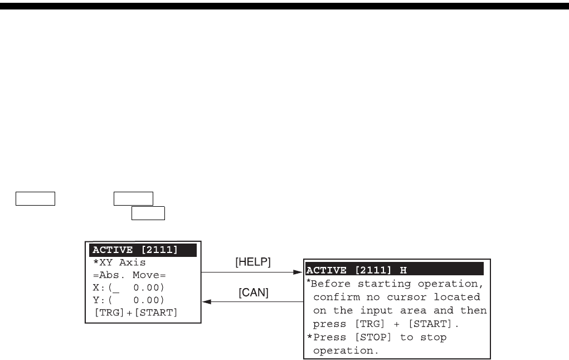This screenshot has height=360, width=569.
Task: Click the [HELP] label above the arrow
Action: point(254,262)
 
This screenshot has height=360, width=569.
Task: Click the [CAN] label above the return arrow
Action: point(254,293)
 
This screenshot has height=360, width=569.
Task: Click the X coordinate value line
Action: point(128,288)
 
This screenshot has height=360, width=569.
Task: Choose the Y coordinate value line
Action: point(128,300)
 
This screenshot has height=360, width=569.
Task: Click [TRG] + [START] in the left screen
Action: point(135,312)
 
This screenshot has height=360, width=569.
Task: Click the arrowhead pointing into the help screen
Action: point(296,273)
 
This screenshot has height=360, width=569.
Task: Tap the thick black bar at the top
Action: point(284,6)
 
